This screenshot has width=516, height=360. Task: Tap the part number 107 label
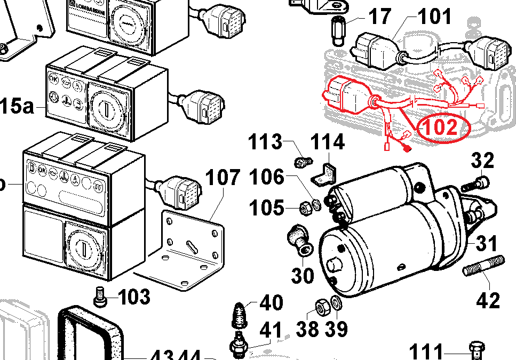pos(223,178)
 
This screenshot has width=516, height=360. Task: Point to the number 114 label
pos(328,142)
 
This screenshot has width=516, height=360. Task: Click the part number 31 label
pos(486,244)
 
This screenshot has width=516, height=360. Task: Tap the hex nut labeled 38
pos(322,307)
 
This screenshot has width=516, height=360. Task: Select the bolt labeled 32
pos(478,183)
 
